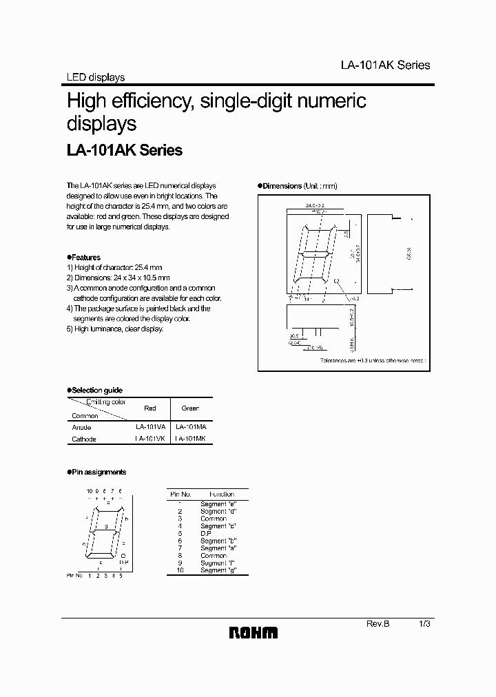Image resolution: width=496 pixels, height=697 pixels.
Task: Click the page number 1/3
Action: (x=424, y=623)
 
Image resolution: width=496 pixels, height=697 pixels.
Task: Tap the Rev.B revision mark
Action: (x=378, y=623)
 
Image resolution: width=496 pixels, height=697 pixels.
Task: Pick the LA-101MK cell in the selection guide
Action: (x=191, y=439)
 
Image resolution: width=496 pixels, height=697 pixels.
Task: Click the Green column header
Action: (x=191, y=408)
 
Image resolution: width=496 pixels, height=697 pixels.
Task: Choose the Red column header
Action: (x=149, y=408)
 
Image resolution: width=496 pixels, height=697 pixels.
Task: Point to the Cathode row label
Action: (x=84, y=439)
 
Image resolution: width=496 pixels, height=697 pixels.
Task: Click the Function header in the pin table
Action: (x=222, y=494)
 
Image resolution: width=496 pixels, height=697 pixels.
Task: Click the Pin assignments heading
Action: (x=99, y=472)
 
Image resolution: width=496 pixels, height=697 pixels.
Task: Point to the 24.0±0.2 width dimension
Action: (x=316, y=205)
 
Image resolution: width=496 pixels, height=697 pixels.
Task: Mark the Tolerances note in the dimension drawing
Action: (x=373, y=360)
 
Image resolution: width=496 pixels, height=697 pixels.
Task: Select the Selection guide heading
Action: (x=96, y=390)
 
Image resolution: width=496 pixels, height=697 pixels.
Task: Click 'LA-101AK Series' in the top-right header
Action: (x=385, y=65)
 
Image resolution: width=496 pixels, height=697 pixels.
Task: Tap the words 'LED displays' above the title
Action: (x=95, y=78)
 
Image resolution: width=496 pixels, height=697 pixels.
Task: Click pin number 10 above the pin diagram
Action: (x=90, y=490)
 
